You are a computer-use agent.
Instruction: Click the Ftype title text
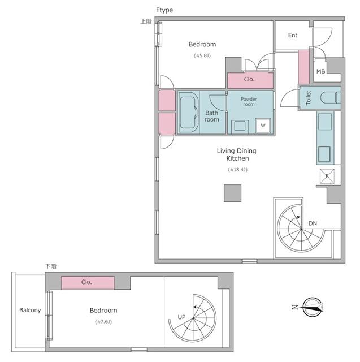pyautogui.click(x=164, y=10)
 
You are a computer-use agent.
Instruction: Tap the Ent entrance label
pyautogui.click(x=292, y=36)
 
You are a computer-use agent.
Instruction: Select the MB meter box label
pyautogui.click(x=320, y=71)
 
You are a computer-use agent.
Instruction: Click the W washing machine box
pyautogui.click(x=263, y=126)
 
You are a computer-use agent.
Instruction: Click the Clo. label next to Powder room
pyautogui.click(x=249, y=80)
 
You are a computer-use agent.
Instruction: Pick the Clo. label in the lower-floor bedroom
pyautogui.click(x=86, y=282)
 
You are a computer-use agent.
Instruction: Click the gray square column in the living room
pyautogui.click(x=232, y=193)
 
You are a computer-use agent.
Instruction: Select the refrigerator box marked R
pyautogui.click(x=327, y=176)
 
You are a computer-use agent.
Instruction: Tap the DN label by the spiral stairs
pyautogui.click(x=313, y=224)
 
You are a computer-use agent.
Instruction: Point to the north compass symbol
pyautogui.click(x=311, y=308)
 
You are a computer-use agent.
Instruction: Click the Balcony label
pyautogui.click(x=29, y=311)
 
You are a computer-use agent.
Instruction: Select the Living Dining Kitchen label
pyautogui.click(x=237, y=155)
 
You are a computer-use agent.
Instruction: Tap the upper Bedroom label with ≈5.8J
pyautogui.click(x=202, y=44)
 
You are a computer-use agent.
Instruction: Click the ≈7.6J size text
pyautogui.click(x=103, y=322)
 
